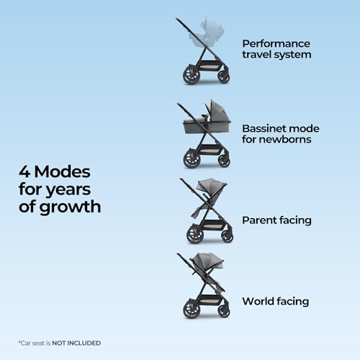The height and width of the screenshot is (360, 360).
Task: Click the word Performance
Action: tap(276, 44)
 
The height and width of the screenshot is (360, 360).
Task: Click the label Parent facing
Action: tap(276, 220)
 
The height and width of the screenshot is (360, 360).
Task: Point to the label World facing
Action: tap(276, 302)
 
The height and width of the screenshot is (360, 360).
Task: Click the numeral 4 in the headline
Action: tap(24, 172)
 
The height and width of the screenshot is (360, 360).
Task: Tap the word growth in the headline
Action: tap(70, 207)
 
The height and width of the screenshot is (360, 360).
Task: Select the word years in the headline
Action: tap(68, 190)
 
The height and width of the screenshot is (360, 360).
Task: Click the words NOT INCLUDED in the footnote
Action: tap(76, 343)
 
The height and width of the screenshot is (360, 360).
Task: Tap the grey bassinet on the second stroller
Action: tap(207, 120)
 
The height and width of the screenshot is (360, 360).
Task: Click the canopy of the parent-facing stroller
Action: tap(211, 185)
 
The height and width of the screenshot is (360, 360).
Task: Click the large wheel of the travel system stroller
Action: tap(192, 76)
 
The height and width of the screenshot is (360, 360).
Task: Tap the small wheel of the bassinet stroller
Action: tap(224, 160)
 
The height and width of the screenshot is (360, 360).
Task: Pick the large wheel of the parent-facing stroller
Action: tap(195, 234)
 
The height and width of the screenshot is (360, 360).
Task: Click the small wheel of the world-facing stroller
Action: tap(224, 311)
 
